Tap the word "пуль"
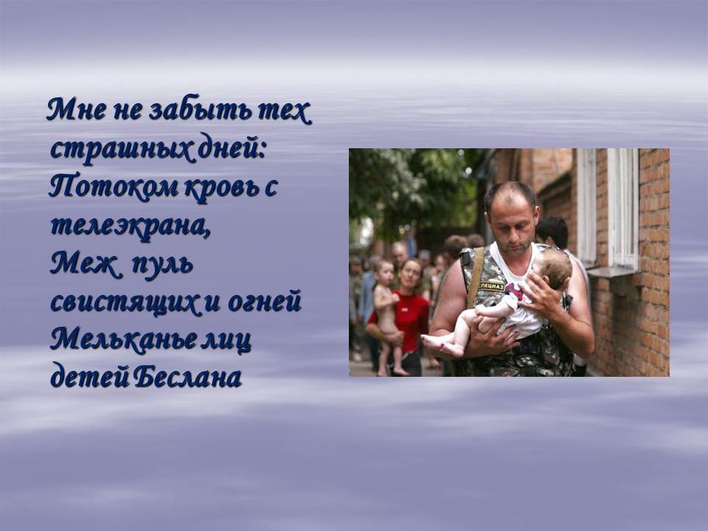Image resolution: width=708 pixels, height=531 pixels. coord(163,264)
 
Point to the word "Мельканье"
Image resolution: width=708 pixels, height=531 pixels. coord(123,339)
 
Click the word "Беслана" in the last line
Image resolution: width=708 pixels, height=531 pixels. coord(188,377)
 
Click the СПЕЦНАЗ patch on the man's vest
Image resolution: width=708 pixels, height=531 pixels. coord(491,286)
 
